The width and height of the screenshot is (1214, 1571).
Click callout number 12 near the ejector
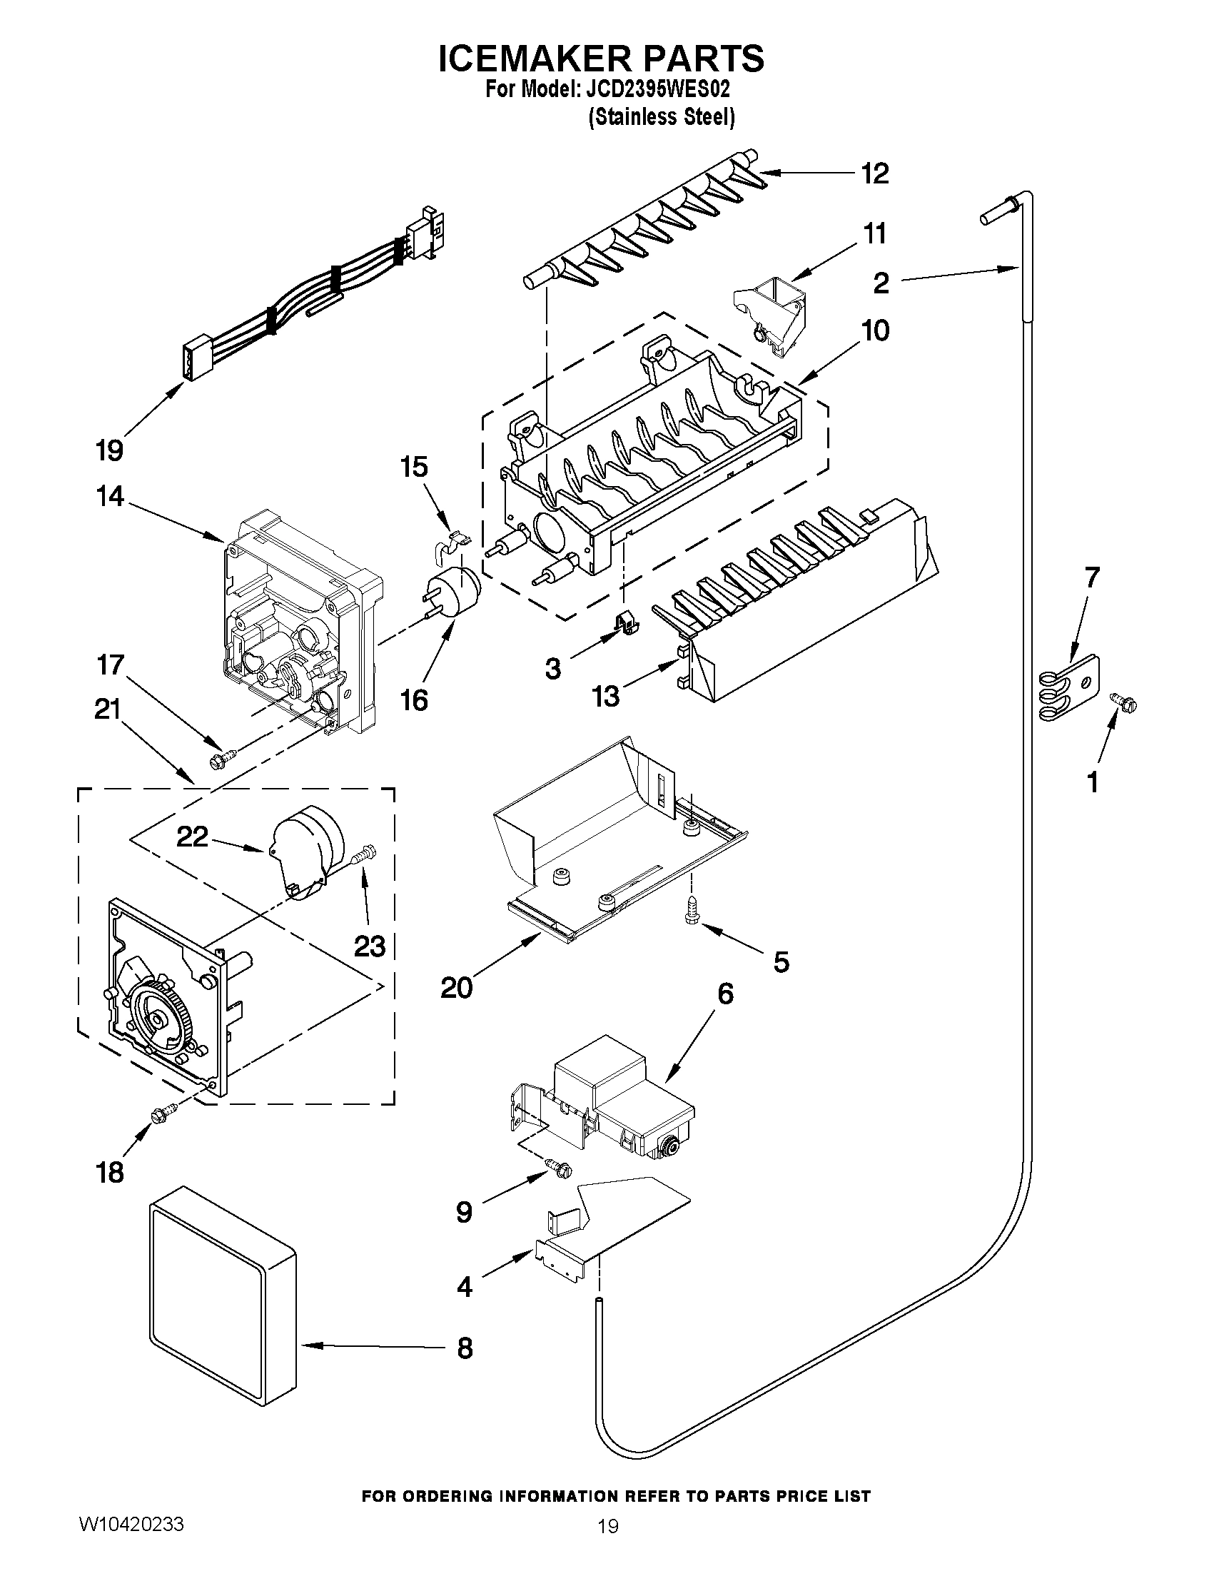[875, 173]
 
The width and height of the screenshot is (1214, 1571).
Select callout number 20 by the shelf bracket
[457, 988]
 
